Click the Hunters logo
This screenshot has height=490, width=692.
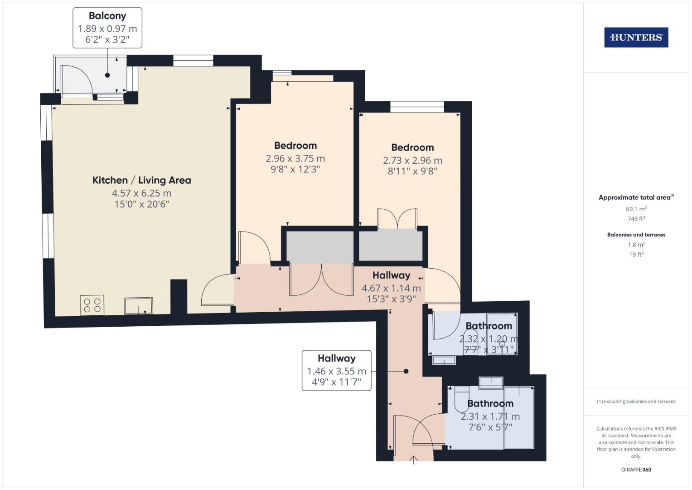tap(636, 37)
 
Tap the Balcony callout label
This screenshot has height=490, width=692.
tap(107, 28)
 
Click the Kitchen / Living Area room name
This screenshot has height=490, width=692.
tap(141, 180)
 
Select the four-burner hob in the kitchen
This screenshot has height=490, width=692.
tap(92, 304)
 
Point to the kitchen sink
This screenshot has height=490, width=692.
tap(139, 306)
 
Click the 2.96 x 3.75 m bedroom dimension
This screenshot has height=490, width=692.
tap(295, 159)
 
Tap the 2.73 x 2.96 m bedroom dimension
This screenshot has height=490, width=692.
tap(412, 161)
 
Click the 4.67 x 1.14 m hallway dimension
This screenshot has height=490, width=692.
tap(391, 288)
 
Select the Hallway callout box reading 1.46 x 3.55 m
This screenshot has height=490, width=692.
tap(336, 370)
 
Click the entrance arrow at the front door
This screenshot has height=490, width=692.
tap(413, 460)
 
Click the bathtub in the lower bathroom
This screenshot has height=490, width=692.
tap(519, 417)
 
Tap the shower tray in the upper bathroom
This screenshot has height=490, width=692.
tap(502, 333)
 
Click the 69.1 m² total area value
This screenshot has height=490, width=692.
tap(636, 209)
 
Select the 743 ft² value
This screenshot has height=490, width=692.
tap(636, 219)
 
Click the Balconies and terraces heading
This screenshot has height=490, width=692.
tap(636, 235)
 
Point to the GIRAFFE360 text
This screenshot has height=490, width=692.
tap(636, 470)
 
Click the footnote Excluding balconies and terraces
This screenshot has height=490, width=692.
tap(636, 402)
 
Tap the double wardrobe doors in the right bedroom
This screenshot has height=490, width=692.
tap(397, 219)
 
